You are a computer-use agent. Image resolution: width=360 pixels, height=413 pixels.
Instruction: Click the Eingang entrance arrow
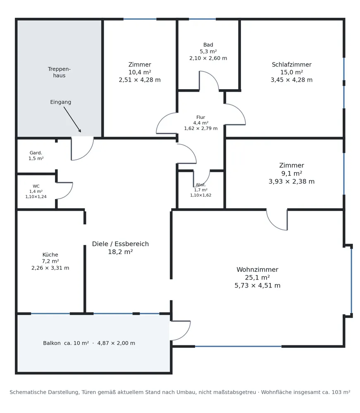tap(72, 119)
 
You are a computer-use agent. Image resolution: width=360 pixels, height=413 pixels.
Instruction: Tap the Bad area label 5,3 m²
tap(208, 51)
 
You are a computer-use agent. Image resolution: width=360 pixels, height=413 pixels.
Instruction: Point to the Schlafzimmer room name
tap(291, 64)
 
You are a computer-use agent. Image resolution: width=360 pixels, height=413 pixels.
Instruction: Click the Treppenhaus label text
tap(59, 72)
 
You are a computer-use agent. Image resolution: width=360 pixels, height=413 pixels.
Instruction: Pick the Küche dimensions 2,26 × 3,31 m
tap(50, 268)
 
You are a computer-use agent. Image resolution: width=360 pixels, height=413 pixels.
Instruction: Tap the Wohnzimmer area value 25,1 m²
tap(257, 278)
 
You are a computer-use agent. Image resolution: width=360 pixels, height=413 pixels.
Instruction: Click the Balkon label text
tap(52, 343)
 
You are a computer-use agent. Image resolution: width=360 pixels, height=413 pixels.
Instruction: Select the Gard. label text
tap(36, 153)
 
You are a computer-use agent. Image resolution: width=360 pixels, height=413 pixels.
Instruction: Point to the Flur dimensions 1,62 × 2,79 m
tap(201, 128)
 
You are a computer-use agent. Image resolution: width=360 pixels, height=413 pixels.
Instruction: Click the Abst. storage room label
tap(201, 185)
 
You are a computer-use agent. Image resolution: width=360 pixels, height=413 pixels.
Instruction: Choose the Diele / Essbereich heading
tap(120, 244)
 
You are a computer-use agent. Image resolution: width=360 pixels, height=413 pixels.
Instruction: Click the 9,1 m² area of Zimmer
tap(291, 173)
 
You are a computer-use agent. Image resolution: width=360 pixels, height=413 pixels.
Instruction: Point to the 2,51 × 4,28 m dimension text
tap(140, 80)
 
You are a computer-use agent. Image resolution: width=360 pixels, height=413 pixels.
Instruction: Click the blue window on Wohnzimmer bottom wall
tap(238, 347)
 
